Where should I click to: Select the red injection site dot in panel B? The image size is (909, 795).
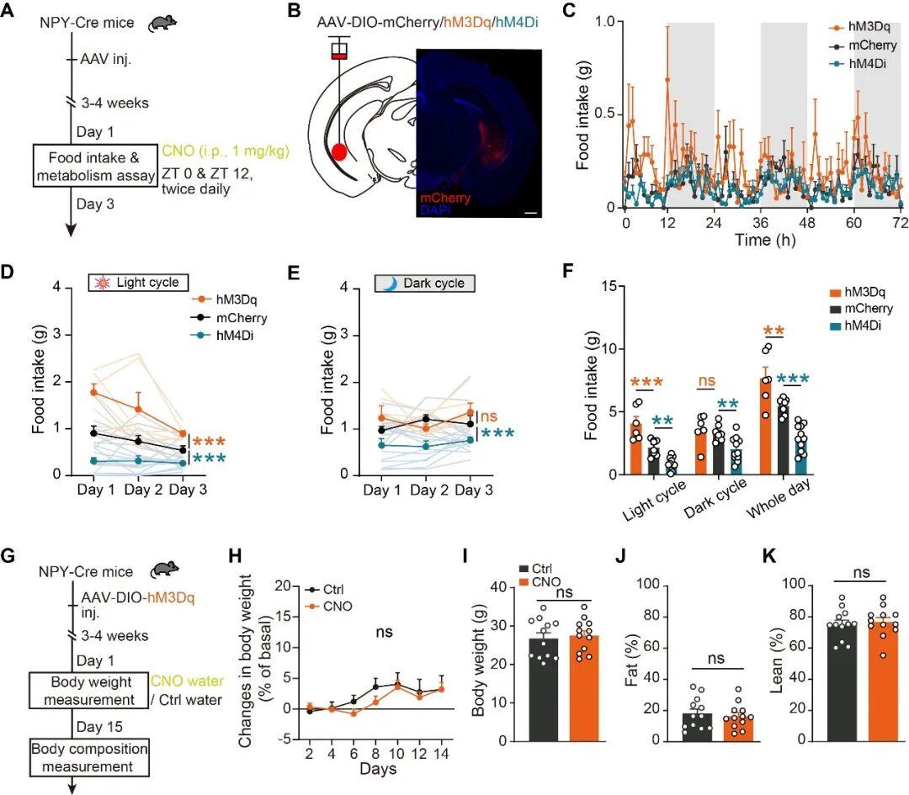[339, 152]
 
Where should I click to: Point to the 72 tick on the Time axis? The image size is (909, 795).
[901, 222]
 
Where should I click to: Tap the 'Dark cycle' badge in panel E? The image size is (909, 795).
[425, 284]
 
